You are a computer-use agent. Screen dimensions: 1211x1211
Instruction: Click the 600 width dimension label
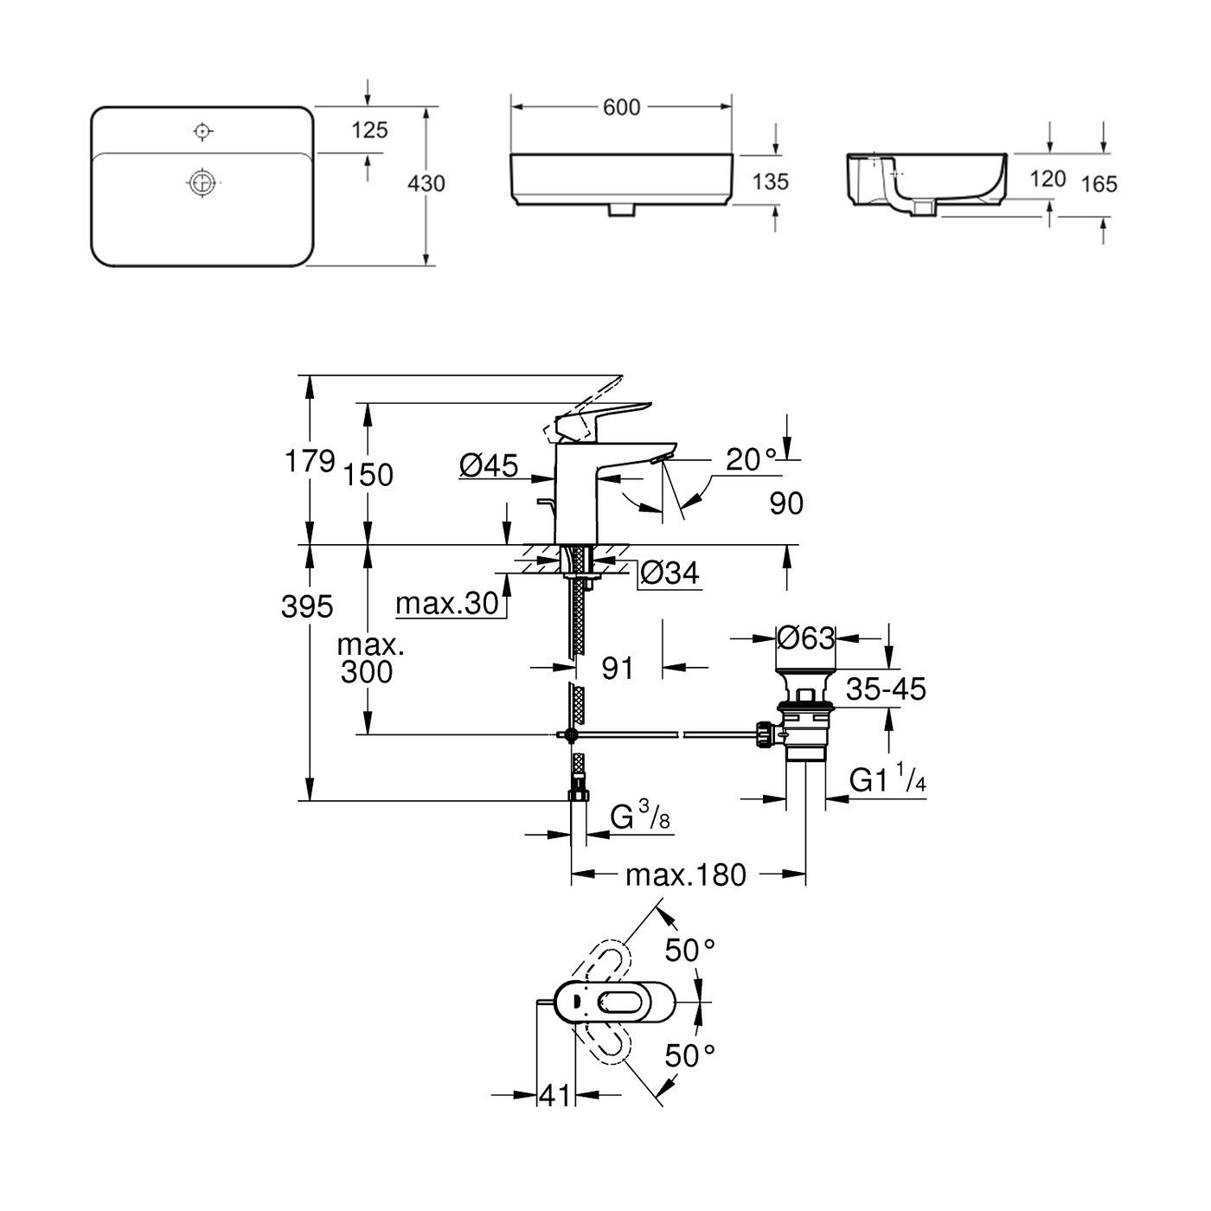(621, 107)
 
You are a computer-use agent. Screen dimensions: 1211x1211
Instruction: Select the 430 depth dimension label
(426, 183)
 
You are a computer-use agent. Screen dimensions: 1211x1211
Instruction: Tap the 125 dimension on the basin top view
(369, 130)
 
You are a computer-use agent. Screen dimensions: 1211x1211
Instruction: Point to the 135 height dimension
(770, 182)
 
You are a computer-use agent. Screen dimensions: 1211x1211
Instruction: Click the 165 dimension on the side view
(1099, 184)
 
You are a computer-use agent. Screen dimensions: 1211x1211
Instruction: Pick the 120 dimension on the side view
(1048, 179)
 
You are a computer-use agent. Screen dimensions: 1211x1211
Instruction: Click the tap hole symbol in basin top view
(202, 131)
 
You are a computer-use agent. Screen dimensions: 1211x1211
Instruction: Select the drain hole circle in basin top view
(202, 183)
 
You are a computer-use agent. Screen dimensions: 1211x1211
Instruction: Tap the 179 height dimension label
(309, 462)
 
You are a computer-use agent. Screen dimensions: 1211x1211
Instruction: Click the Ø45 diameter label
(489, 466)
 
